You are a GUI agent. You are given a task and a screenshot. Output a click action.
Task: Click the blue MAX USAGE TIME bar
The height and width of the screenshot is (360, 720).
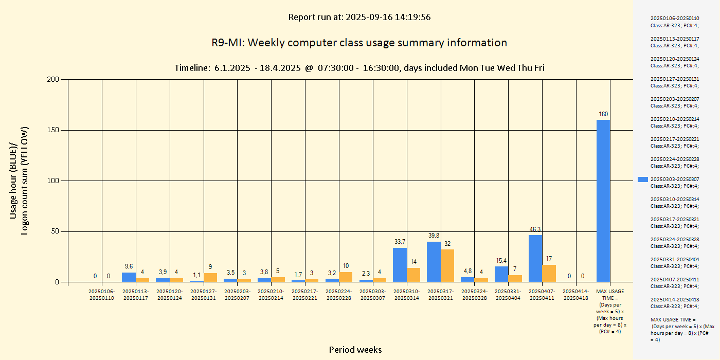[603, 201]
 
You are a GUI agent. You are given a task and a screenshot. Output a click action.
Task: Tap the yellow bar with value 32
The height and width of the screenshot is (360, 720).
[447, 265]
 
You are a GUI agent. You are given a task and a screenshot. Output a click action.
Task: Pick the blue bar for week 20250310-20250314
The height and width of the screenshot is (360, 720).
[400, 265]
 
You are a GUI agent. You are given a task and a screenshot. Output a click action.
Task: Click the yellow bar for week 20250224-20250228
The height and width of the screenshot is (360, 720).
[346, 277]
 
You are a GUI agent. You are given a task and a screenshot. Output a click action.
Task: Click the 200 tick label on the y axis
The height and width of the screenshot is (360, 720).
[53, 79]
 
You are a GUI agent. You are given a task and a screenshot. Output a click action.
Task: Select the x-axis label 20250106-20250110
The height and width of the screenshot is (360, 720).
[101, 295]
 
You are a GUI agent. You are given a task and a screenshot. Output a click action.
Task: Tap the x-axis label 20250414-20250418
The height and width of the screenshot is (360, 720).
[576, 295]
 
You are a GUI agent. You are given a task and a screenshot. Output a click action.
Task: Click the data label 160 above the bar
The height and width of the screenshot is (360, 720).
[603, 114]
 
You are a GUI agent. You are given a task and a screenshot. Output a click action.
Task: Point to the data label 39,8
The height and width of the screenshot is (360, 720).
[434, 236]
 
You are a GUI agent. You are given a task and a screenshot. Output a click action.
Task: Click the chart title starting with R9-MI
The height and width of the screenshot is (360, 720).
[359, 43]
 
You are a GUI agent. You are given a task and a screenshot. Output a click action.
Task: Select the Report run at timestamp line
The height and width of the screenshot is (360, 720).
[359, 17]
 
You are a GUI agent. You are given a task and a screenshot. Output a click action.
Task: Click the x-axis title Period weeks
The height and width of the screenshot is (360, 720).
[355, 350]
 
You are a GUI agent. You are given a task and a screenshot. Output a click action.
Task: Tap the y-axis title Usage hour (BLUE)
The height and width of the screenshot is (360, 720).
[14, 180]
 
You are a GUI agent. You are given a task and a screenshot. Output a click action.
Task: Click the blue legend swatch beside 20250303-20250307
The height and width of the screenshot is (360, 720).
[642, 179]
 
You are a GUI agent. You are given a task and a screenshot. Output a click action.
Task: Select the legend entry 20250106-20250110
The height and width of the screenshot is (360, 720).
[674, 22]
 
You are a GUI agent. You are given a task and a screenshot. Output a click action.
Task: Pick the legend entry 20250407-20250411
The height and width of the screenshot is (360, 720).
[674, 283]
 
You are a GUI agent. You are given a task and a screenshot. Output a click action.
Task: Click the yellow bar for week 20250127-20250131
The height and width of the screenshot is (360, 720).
[210, 277]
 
